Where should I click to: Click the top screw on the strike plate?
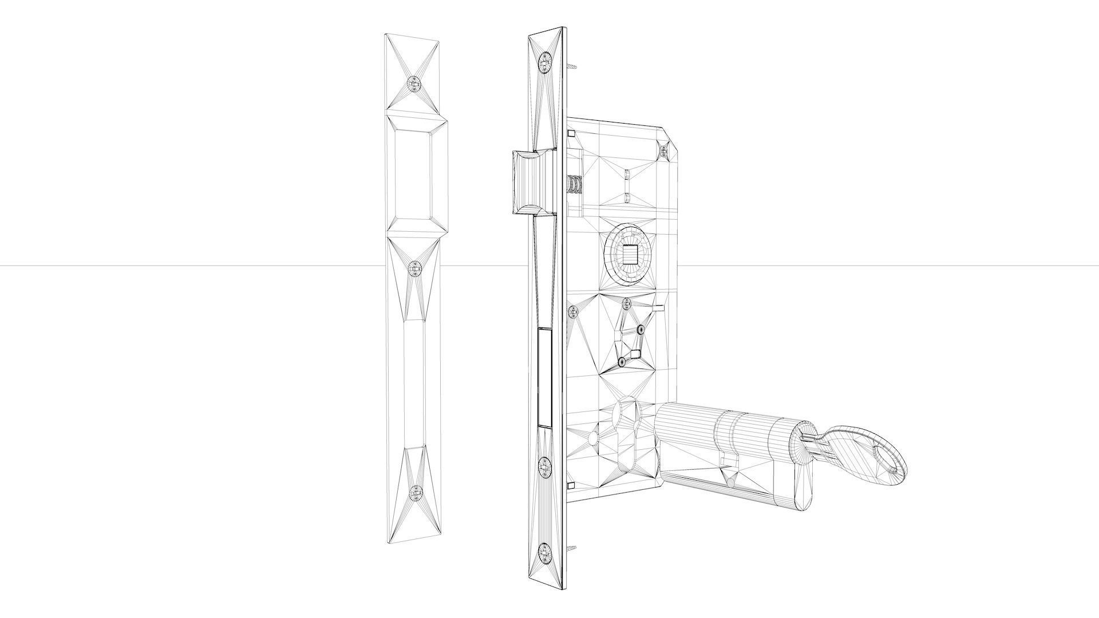coord(413,84)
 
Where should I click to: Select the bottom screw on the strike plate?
coord(415,491)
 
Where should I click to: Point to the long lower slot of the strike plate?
coord(413,383)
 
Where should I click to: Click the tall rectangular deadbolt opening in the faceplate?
coord(545,377)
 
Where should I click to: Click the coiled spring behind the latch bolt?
coord(574,184)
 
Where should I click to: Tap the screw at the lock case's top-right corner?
coord(663,150)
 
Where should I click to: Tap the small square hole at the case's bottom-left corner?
coord(571,485)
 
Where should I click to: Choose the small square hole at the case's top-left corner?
coord(571,133)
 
